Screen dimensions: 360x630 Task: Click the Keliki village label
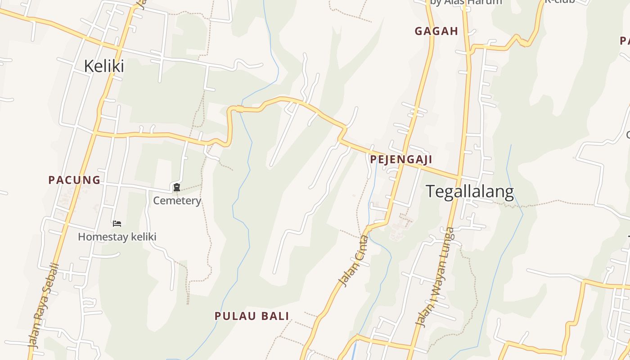click(104, 66)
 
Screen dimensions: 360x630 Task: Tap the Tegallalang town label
click(470, 192)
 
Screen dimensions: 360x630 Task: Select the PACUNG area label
click(74, 180)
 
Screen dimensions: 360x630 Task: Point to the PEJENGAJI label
click(401, 159)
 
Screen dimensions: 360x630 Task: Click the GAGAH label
click(436, 31)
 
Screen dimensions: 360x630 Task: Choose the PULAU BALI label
click(252, 316)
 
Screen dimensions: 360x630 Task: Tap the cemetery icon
click(177, 187)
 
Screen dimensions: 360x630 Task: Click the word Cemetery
click(177, 200)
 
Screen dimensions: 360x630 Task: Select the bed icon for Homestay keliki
click(117, 223)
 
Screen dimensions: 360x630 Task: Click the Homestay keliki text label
click(117, 237)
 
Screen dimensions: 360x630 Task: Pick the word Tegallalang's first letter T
click(430, 192)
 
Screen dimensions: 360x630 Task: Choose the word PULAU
click(234, 316)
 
